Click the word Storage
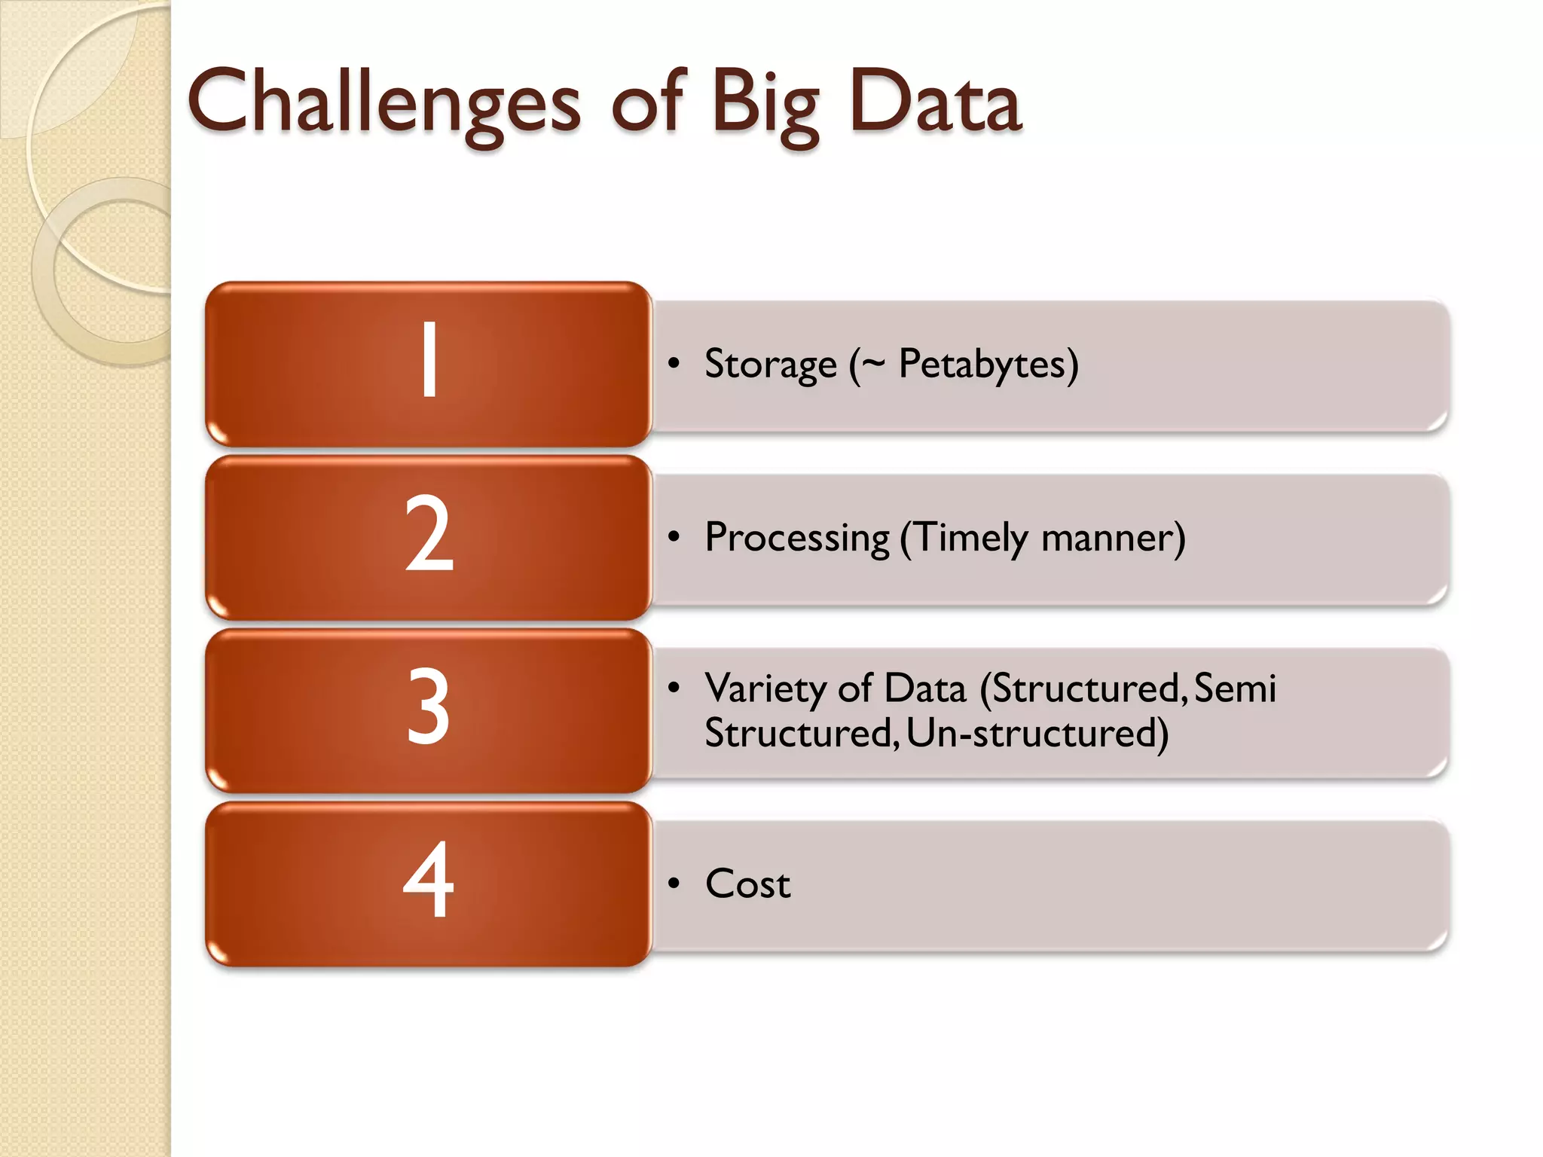(x=770, y=365)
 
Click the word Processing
(x=797, y=539)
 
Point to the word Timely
(x=972, y=539)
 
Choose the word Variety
(x=765, y=688)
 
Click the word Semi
(x=1235, y=688)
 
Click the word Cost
(x=747, y=884)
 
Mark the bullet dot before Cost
(x=674, y=884)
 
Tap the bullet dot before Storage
(x=674, y=365)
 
